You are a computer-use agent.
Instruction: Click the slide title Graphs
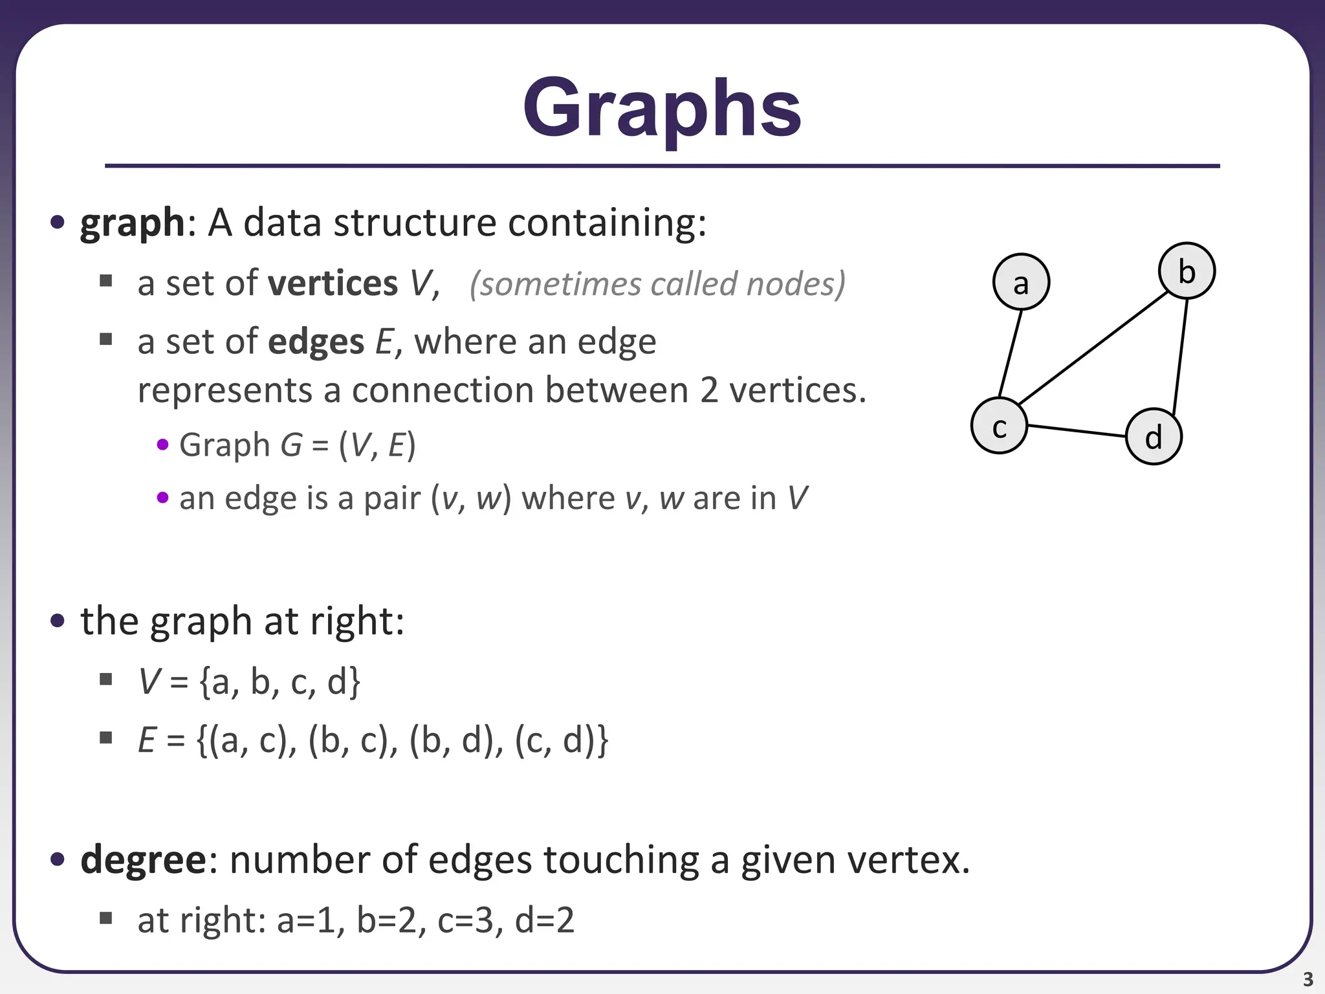click(662, 109)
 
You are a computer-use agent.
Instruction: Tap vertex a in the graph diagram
click(1021, 282)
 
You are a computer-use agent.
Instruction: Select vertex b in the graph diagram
click(1187, 271)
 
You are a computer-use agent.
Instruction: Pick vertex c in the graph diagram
click(999, 426)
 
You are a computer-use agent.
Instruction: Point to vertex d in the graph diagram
click(1154, 437)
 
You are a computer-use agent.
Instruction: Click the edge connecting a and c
click(1011, 353)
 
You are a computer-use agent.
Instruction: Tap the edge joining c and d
click(1077, 431)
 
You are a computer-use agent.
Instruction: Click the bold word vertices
click(333, 283)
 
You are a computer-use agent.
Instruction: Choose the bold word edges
click(316, 342)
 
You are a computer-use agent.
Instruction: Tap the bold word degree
click(143, 860)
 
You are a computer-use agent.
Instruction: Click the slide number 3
click(1308, 979)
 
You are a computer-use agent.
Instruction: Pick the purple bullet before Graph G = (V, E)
click(163, 445)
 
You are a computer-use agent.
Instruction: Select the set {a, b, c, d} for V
click(279, 681)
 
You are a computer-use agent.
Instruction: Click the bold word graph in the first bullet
click(133, 223)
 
